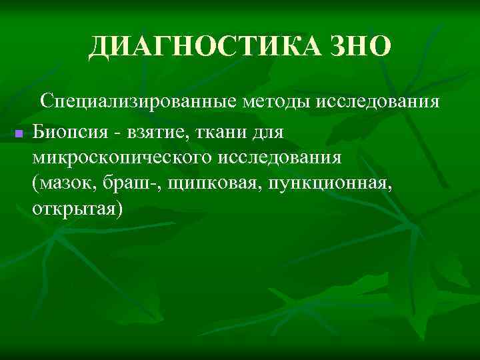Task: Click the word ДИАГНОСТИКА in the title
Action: (x=207, y=46)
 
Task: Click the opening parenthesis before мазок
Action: (x=35, y=184)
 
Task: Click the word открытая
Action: (x=74, y=209)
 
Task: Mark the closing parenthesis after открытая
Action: (x=119, y=209)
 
